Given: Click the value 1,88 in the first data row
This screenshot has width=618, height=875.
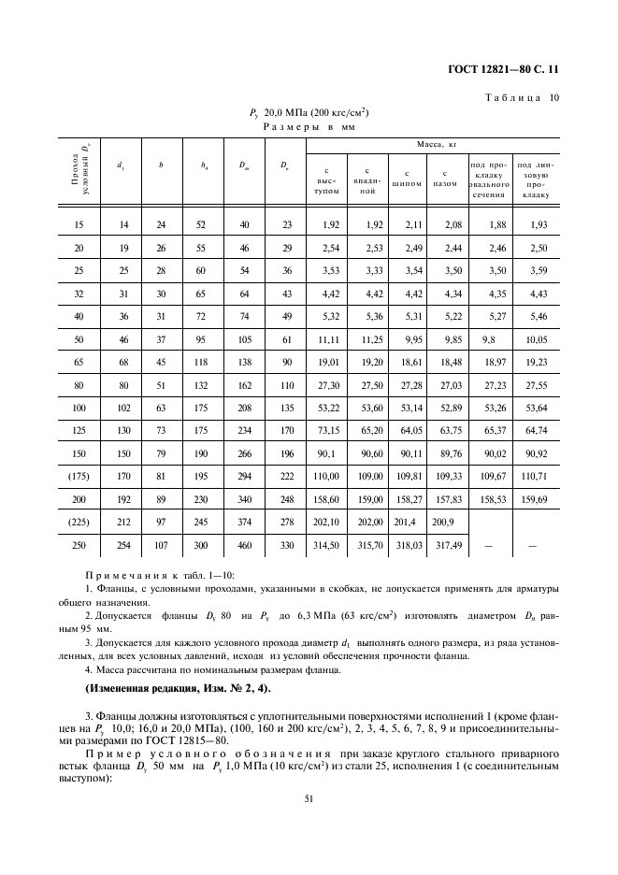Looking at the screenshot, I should [x=488, y=225].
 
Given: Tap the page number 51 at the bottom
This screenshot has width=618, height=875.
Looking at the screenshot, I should [x=309, y=798].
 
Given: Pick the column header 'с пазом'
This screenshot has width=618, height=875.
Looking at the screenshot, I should [x=446, y=179].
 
